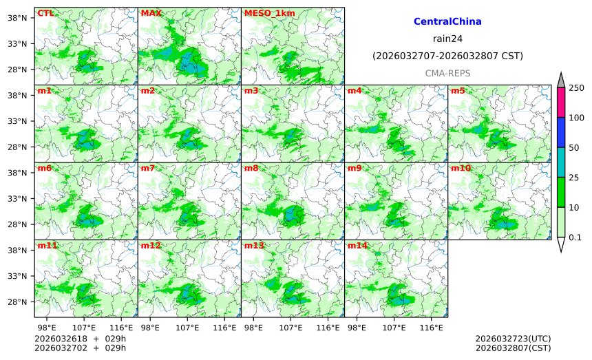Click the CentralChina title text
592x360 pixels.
(447, 22)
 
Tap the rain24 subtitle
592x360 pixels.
(447, 39)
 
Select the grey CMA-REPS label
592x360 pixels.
(447, 72)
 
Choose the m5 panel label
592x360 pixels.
(458, 91)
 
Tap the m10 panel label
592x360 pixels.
(461, 168)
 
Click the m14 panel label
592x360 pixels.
(357, 246)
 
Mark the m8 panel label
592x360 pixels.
(251, 168)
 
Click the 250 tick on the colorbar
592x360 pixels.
(576, 87)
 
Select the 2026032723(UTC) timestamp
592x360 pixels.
(513, 339)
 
